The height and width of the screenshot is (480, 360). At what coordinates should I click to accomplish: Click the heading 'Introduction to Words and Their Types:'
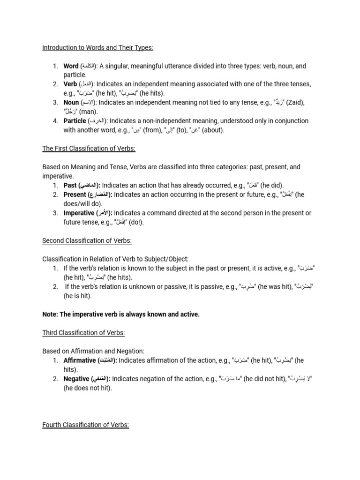(x=98, y=48)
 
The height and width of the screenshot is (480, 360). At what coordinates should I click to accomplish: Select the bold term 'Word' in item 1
(x=71, y=66)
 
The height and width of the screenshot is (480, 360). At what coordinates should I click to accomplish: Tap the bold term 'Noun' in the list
(x=71, y=103)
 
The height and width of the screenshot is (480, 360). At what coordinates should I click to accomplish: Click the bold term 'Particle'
(x=75, y=121)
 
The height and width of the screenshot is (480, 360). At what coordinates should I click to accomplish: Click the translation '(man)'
(x=88, y=112)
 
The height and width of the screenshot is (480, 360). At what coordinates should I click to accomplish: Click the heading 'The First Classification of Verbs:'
(x=89, y=149)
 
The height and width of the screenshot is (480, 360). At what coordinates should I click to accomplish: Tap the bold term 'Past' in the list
(x=70, y=185)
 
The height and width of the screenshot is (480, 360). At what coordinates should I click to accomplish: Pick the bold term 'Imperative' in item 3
(x=79, y=213)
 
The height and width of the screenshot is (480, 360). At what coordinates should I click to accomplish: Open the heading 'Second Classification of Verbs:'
(x=87, y=240)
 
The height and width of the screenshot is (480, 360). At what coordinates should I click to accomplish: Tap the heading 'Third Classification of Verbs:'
(x=83, y=332)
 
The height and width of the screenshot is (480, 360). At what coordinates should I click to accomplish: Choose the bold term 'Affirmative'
(x=80, y=360)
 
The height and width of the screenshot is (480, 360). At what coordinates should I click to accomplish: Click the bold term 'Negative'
(x=76, y=379)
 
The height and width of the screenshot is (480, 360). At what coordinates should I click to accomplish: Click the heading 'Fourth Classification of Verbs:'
(x=85, y=425)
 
